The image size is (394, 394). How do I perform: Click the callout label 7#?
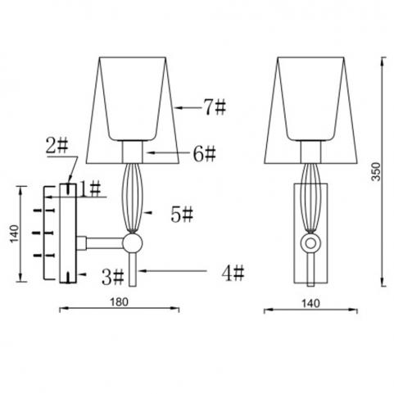[215, 107]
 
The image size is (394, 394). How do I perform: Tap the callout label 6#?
[205, 154]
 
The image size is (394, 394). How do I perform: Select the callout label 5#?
[182, 215]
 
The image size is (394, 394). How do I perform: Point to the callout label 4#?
[233, 274]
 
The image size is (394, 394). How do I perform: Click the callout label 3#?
[113, 277]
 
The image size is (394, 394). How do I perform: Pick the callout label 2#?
[57, 146]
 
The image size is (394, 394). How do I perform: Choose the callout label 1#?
[90, 190]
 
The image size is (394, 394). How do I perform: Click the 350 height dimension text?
[376, 172]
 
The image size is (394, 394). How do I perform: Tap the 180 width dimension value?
[119, 302]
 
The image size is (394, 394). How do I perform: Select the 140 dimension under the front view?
[310, 303]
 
